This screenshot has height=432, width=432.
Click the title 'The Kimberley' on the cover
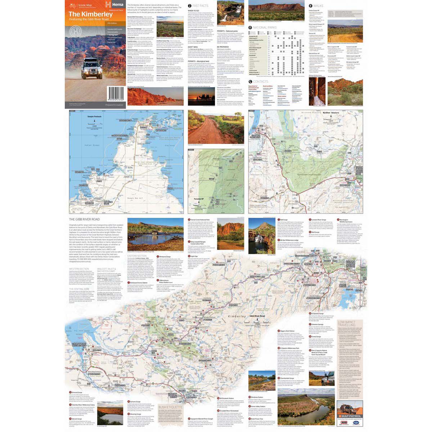[90, 15]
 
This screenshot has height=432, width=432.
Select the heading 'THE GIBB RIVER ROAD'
[84, 219]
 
